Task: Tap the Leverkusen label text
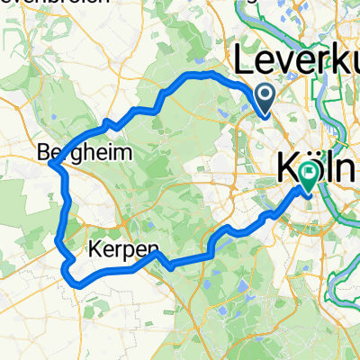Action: point(296,63)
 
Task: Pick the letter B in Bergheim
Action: point(47,153)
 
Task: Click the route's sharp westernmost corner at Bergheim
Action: point(50,166)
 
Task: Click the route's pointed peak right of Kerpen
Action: point(155,256)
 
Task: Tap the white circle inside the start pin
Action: point(265,94)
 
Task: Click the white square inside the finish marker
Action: point(309,171)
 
